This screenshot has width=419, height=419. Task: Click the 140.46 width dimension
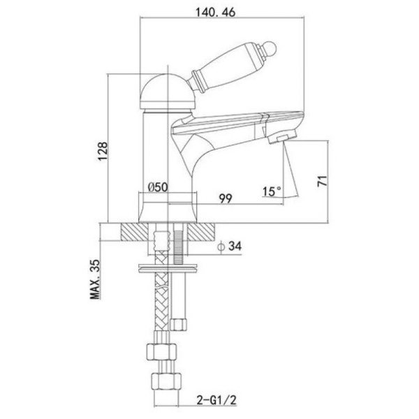click(215, 12)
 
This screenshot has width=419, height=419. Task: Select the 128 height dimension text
click(103, 152)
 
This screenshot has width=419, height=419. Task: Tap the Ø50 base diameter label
click(158, 186)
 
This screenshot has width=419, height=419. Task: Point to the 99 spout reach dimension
click(226, 198)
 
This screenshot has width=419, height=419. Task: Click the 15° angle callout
click(272, 191)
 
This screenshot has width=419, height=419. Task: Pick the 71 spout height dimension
click(322, 181)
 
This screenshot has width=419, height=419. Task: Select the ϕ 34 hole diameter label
click(230, 246)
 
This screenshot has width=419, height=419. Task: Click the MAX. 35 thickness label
click(95, 279)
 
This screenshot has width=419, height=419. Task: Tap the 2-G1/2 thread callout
click(216, 400)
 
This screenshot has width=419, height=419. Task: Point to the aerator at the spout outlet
click(281, 136)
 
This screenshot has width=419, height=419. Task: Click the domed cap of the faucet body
click(169, 91)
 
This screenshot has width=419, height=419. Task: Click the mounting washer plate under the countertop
click(168, 269)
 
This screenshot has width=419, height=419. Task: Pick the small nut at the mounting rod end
click(179, 324)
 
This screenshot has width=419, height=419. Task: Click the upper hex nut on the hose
click(162, 352)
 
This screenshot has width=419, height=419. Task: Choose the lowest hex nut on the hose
click(166, 381)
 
